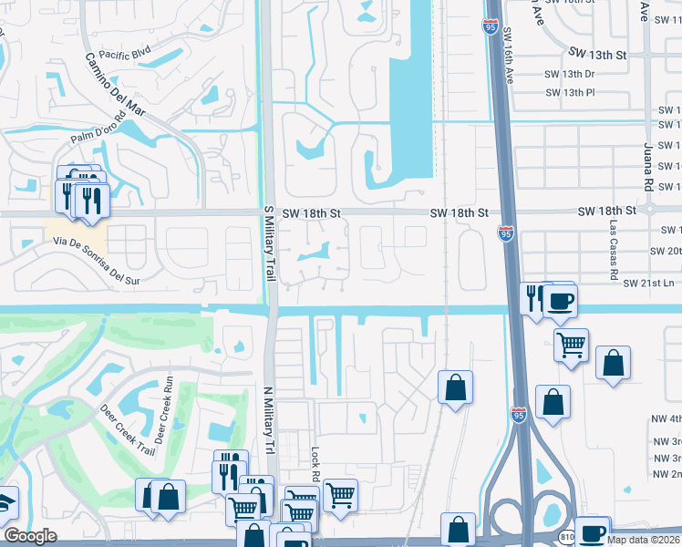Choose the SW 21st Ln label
pyautogui.click(x=649, y=284)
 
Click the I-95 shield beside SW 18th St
pyautogui.click(x=505, y=234)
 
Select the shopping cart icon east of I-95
pyautogui.click(x=571, y=344)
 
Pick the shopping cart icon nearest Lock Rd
pyautogui.click(x=340, y=495)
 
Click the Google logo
pyautogui.click(x=30, y=536)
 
